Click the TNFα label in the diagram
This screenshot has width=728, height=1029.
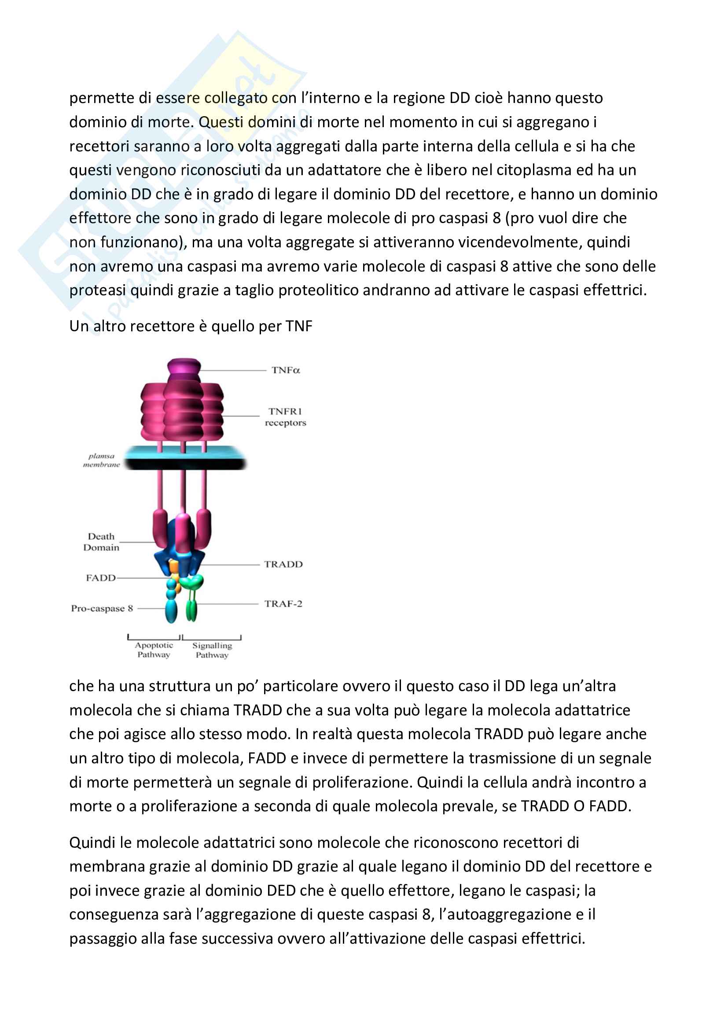click(285, 370)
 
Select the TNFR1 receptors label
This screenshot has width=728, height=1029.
click(285, 417)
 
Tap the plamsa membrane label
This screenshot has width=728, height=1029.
click(101, 460)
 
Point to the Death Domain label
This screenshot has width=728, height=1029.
click(101, 542)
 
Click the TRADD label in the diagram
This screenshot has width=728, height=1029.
click(283, 564)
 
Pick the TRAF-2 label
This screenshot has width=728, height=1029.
click(283, 604)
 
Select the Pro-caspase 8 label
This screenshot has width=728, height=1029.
click(102, 608)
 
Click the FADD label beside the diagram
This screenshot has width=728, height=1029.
click(100, 578)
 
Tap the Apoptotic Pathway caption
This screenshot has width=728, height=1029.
click(154, 650)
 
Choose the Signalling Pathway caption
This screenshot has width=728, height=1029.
click(212, 650)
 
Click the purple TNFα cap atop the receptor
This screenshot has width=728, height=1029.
click(184, 368)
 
